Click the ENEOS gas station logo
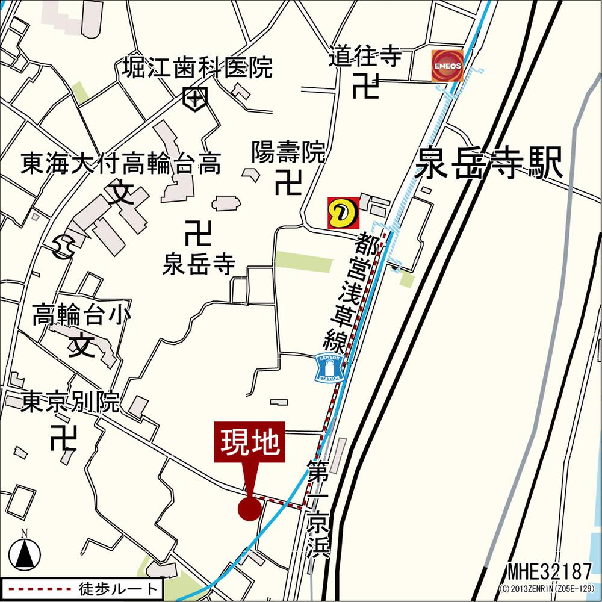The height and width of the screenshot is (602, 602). click(x=447, y=65)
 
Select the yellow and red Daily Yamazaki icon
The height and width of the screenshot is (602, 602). click(x=341, y=213)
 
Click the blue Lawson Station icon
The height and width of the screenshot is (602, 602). click(x=330, y=367)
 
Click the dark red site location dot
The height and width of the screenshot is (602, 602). click(x=249, y=509)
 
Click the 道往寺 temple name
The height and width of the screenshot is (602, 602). click(x=365, y=57)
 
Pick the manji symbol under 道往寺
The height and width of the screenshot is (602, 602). click(x=365, y=86)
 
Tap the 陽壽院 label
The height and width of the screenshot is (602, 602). click(x=288, y=153)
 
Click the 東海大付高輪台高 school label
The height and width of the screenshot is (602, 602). click(x=121, y=163)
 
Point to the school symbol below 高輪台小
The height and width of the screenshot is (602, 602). click(x=82, y=345)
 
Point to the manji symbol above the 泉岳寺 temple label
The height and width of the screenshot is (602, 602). click(x=199, y=233)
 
